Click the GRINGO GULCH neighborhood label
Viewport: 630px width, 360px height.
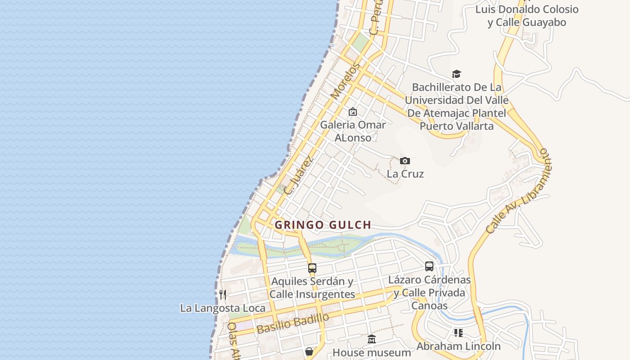(x=323, y=225)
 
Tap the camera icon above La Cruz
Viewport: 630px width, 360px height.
(x=405, y=161)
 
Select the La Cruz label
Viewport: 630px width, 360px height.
(x=405, y=174)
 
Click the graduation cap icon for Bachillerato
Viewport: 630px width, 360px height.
(x=456, y=74)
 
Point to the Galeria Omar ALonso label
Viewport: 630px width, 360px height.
(x=353, y=131)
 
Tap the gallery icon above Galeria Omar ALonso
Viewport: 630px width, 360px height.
(x=353, y=111)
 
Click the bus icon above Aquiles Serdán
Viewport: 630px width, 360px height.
(x=312, y=268)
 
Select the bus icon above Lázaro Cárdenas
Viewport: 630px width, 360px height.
(x=429, y=266)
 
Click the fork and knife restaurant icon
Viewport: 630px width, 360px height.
(x=223, y=295)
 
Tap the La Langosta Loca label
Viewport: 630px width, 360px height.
(x=223, y=308)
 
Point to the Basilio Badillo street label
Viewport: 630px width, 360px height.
(x=292, y=324)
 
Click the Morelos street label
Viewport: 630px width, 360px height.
(x=345, y=81)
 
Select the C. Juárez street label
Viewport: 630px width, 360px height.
(x=297, y=175)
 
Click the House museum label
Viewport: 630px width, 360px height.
(x=372, y=352)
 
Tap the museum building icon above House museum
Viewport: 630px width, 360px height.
(x=372, y=339)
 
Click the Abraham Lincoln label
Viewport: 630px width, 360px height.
(x=458, y=346)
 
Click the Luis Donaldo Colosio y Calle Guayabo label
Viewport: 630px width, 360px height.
(x=526, y=16)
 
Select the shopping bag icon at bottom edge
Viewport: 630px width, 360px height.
(x=309, y=351)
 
